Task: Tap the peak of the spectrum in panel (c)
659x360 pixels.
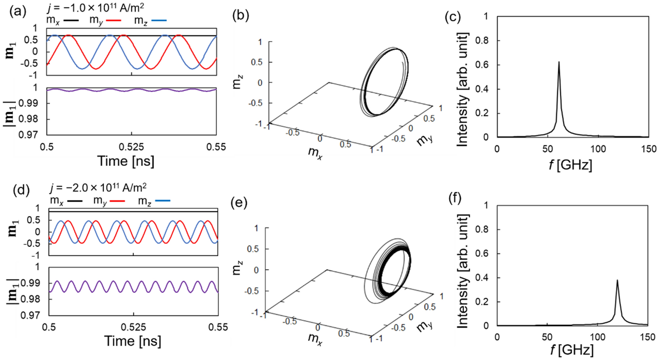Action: (559, 62)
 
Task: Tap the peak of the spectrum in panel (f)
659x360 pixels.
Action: (617, 280)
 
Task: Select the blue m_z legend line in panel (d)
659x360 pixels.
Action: (163, 200)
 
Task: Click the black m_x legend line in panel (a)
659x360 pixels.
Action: (71, 20)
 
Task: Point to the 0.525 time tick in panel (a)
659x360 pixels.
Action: (131, 147)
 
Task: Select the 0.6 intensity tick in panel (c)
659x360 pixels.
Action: (482, 65)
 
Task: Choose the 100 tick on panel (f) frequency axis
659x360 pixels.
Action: (597, 337)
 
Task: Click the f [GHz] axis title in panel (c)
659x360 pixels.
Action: (571, 165)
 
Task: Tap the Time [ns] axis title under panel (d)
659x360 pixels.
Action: (133, 341)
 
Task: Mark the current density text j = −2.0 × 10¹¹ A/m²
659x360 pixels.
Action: (98, 188)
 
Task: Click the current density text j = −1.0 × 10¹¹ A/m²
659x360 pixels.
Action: (95, 7)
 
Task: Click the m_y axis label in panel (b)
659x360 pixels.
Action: (425, 140)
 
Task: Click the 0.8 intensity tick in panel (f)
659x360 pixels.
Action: (482, 229)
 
